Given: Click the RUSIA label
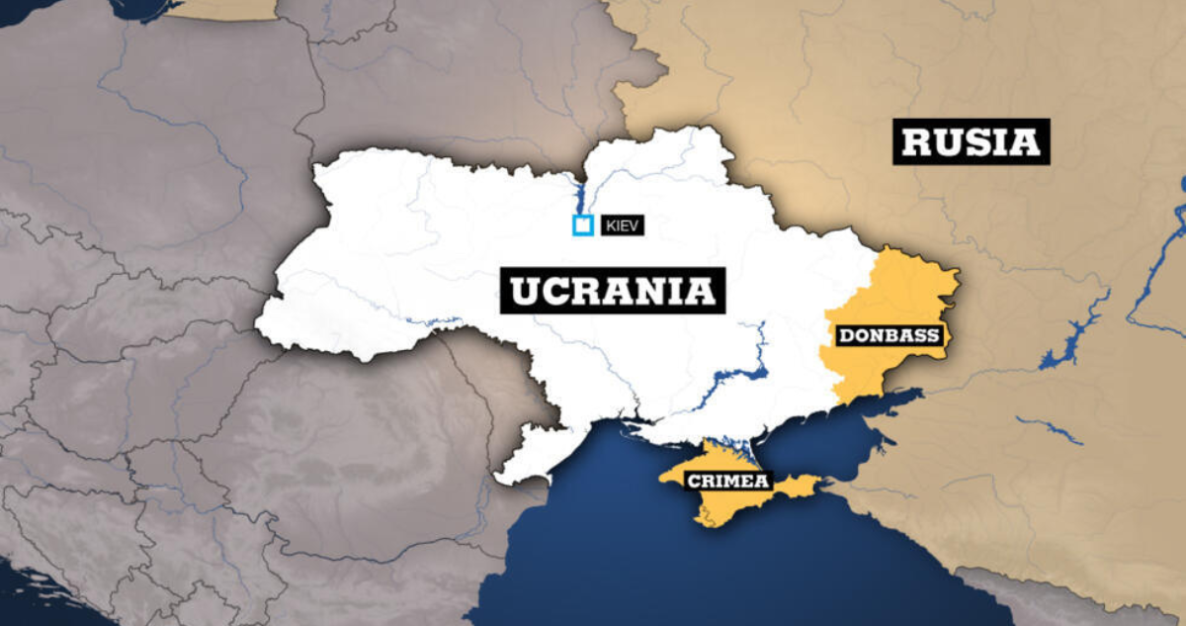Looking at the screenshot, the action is click(x=972, y=141).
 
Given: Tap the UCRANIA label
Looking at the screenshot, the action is click(x=613, y=291).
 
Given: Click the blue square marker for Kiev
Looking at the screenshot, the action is click(x=583, y=225).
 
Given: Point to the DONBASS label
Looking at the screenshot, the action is click(x=889, y=335).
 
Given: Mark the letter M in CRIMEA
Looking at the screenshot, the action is click(x=738, y=482).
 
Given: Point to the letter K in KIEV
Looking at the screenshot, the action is click(x=607, y=226).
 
